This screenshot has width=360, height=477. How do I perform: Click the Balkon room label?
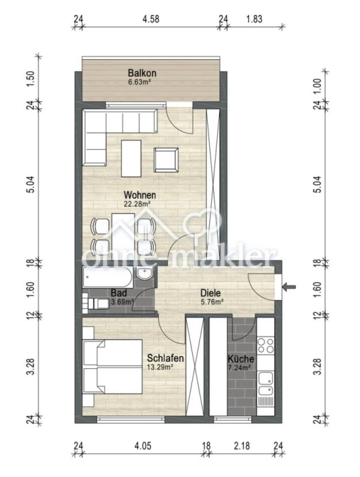click(142, 74)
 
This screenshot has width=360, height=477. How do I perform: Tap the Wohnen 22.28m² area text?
click(137, 204)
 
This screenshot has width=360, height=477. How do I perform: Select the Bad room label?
click(118, 293)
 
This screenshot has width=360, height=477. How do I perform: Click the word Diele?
click(210, 293)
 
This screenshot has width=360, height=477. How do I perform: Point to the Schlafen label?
click(165, 357)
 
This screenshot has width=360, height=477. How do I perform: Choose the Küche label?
click(241, 359)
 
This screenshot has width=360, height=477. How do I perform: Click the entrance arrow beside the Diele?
click(289, 287)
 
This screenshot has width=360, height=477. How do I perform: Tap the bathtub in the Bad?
click(108, 277)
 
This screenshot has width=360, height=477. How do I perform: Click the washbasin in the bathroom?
click(145, 274)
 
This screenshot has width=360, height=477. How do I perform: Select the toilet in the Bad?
click(96, 303)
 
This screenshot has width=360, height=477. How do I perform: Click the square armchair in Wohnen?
click(166, 160)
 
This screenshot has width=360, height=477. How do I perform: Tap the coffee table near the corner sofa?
click(131, 158)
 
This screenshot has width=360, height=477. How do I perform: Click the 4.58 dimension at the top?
click(151, 19)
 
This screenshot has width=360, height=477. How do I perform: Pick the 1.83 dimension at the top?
click(254, 19)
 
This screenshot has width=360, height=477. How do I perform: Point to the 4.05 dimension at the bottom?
click(142, 446)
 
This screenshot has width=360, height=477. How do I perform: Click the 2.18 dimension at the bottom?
click(242, 446)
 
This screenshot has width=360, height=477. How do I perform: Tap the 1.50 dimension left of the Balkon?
click(32, 79)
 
